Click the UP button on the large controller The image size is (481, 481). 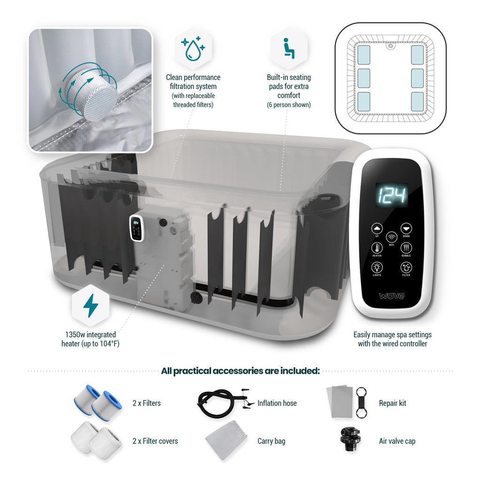(x=377, y=229)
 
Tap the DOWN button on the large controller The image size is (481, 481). (x=406, y=229)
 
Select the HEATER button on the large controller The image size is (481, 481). (x=377, y=248)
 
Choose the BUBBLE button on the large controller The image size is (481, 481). (x=406, y=248)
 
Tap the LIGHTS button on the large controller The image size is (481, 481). (x=377, y=267)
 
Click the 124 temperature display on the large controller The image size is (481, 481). (x=391, y=195)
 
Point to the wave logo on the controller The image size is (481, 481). (x=392, y=295)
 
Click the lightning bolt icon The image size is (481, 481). (x=91, y=305)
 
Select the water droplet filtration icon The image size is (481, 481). (x=193, y=48)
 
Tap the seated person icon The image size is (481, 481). (x=289, y=48)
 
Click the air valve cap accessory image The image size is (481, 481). (x=350, y=439)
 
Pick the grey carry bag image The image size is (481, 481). (x=227, y=441)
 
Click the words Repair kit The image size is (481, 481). (x=392, y=403)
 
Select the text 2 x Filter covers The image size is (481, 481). (x=155, y=441)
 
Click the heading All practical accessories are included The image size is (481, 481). (x=240, y=371)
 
